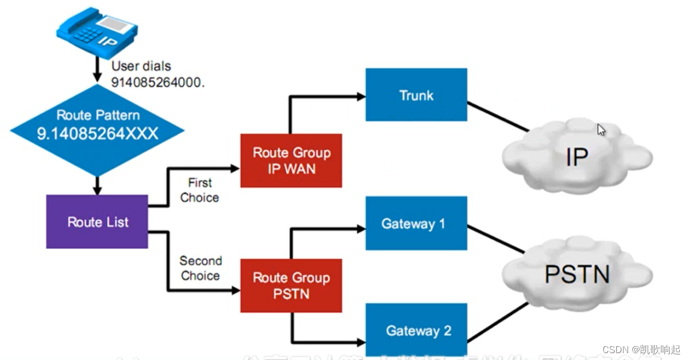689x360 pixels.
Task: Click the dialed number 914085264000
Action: (158, 82)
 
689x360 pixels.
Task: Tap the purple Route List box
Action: (97, 222)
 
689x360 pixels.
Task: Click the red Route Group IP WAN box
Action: (291, 161)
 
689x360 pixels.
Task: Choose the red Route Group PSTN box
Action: (291, 286)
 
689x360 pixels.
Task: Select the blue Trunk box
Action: (416, 95)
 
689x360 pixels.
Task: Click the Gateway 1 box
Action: (416, 223)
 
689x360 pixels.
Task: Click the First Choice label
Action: (199, 190)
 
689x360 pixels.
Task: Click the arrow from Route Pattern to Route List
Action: (97, 185)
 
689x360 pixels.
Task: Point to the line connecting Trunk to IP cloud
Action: (497, 117)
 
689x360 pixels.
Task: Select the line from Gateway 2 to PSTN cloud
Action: (497, 321)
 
